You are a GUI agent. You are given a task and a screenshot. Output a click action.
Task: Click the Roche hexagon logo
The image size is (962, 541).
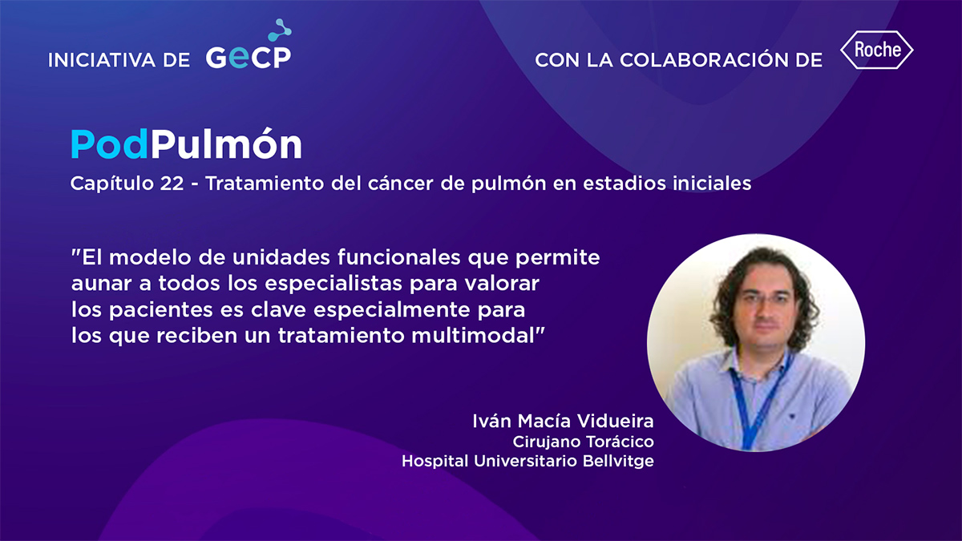click(x=876, y=50)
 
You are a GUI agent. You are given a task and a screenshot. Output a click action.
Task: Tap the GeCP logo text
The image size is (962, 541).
click(x=249, y=57)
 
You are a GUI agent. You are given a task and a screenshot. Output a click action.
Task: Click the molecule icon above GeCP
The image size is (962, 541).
click(x=280, y=30)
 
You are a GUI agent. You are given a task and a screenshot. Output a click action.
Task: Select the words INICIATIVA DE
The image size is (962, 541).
click(x=119, y=60)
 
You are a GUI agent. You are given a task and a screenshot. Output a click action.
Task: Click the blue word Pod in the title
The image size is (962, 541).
click(x=110, y=144)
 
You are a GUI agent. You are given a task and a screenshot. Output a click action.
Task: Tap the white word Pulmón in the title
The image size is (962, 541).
click(x=226, y=143)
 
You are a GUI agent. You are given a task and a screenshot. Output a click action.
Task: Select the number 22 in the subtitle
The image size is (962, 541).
click(x=172, y=184)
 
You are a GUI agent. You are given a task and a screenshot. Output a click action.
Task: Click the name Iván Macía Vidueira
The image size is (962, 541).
click(x=563, y=422)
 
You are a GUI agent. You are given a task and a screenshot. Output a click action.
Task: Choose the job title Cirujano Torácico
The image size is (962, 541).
click(x=584, y=442)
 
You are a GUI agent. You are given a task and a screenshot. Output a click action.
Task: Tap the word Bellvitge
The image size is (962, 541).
click(x=618, y=461)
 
